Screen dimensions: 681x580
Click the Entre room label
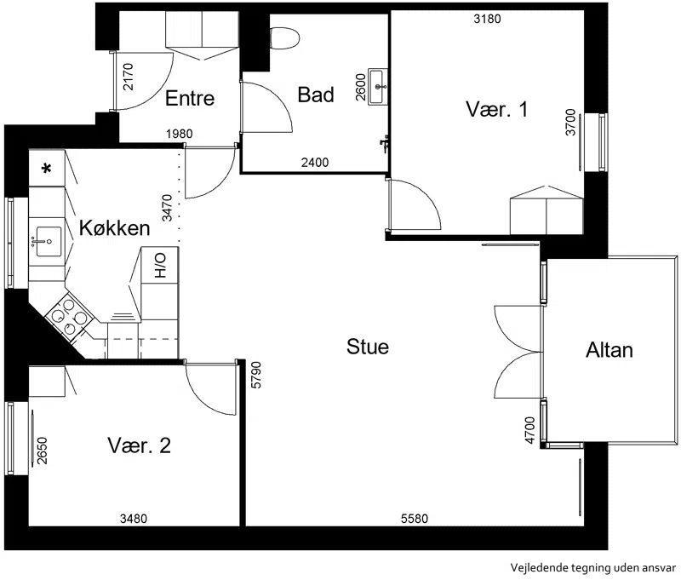click(x=190, y=98)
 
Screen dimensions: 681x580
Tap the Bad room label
click(x=316, y=95)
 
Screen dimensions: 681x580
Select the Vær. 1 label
click(x=497, y=109)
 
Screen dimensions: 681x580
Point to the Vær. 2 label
click(x=139, y=445)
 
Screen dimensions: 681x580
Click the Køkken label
click(x=115, y=227)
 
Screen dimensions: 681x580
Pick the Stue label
click(x=368, y=347)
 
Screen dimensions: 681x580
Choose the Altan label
click(x=609, y=350)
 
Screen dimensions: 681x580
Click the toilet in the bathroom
click(x=285, y=37)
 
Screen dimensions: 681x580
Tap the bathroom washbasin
click(x=378, y=87)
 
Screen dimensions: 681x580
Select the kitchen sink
click(x=47, y=242)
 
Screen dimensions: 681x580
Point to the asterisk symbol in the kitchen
click(x=47, y=168)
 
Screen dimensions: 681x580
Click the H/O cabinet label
click(x=160, y=266)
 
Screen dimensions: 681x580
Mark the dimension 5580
click(x=415, y=519)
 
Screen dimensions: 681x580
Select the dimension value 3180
click(x=487, y=19)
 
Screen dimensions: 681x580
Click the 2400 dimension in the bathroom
click(x=315, y=163)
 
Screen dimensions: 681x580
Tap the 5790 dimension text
click(x=256, y=375)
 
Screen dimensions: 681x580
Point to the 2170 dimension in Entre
click(x=129, y=77)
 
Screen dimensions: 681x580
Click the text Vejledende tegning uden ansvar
click(x=592, y=568)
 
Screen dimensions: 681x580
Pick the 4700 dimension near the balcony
click(x=529, y=430)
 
